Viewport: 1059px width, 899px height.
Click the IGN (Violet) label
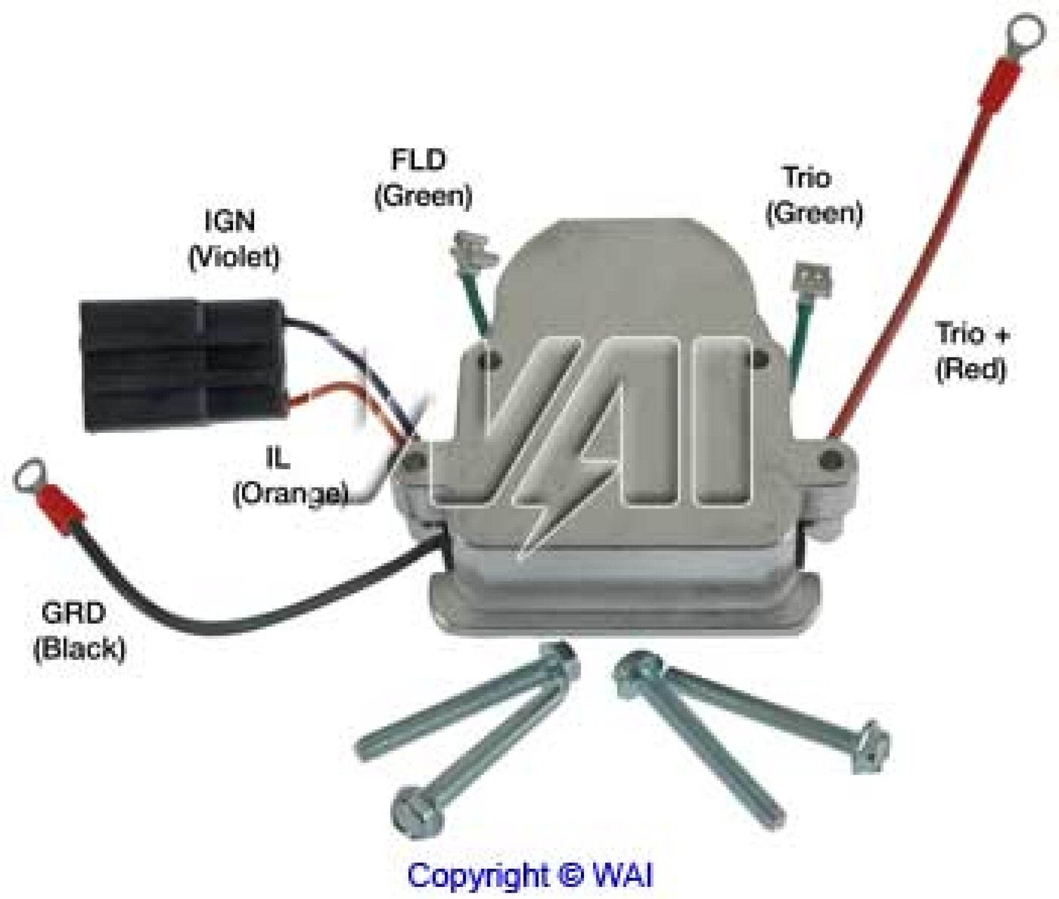(234, 239)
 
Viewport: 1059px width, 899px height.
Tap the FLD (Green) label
(423, 178)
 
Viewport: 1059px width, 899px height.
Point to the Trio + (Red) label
(972, 351)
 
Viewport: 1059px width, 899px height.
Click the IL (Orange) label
(290, 477)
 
